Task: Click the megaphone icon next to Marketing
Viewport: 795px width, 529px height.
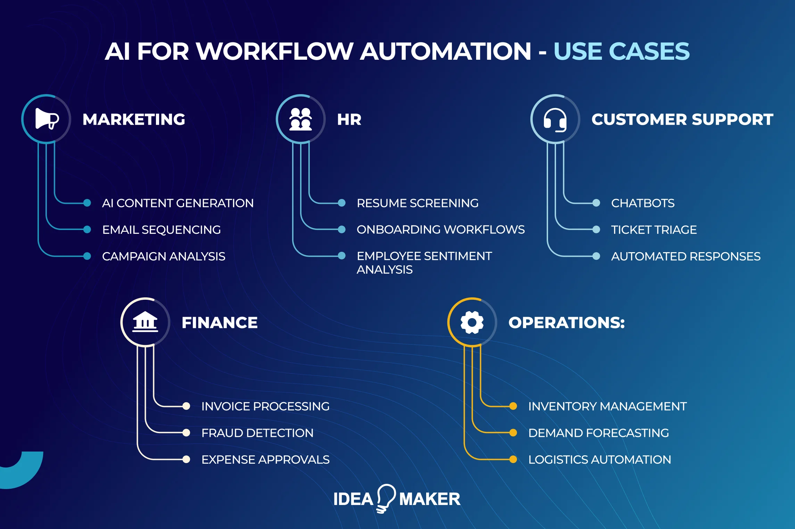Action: tap(47, 119)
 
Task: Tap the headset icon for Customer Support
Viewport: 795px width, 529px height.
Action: tap(555, 119)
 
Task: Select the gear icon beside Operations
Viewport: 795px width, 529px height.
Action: tap(472, 322)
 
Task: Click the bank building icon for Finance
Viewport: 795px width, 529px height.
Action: tap(145, 322)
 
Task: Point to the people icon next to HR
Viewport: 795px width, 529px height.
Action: tap(301, 119)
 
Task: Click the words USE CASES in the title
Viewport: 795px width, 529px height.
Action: tap(621, 51)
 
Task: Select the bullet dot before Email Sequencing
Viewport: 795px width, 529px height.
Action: tap(87, 229)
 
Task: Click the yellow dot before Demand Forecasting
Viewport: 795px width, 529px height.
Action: tap(513, 433)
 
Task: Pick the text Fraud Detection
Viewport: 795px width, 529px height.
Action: tap(257, 433)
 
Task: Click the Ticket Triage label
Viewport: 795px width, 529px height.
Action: tap(654, 230)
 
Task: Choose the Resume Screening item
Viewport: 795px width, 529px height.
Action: tap(417, 203)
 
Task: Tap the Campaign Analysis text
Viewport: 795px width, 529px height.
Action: tap(164, 256)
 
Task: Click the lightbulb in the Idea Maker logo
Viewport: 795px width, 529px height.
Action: tap(386, 497)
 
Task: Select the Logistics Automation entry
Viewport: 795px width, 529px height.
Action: tap(599, 460)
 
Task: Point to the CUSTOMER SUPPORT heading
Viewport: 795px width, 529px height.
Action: tap(682, 119)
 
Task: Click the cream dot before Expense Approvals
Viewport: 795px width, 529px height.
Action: tap(186, 460)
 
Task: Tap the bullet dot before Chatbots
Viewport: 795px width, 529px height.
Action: tap(596, 203)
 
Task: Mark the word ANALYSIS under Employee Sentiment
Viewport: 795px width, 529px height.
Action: tap(384, 270)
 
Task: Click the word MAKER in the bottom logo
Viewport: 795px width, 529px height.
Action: tap(430, 499)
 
